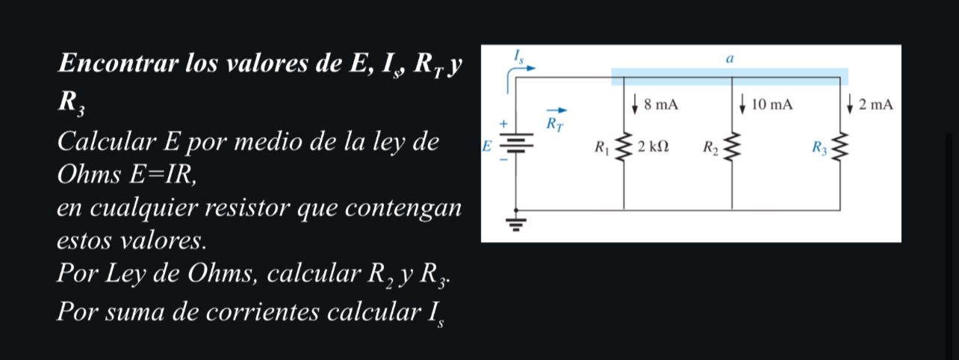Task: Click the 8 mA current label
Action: pyautogui.click(x=660, y=105)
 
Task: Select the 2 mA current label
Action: pyautogui.click(x=875, y=105)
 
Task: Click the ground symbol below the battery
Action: pyautogui.click(x=517, y=222)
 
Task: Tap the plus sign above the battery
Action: pyautogui.click(x=503, y=122)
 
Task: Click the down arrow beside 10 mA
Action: pyautogui.click(x=743, y=104)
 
